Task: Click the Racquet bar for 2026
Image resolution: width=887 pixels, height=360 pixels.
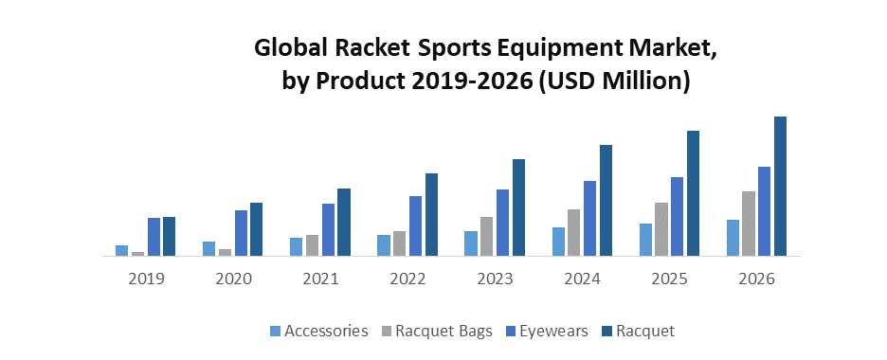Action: tap(781, 186)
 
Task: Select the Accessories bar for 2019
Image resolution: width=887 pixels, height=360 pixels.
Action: tap(121, 250)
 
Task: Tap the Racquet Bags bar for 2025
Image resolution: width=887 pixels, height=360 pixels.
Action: tap(661, 229)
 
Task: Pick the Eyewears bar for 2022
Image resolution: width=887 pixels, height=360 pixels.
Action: tap(415, 225)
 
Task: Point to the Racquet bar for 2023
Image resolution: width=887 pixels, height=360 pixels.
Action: tap(518, 207)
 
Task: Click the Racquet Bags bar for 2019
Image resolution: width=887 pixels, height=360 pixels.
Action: tap(137, 253)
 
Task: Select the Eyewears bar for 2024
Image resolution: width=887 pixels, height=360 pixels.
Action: tap(589, 218)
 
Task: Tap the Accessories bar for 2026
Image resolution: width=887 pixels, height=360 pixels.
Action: tap(733, 238)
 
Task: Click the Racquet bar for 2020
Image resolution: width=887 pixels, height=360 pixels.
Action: tap(256, 229)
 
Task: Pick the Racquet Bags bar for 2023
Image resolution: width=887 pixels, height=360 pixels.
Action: tap(486, 236)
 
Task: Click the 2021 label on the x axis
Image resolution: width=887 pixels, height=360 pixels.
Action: tap(321, 279)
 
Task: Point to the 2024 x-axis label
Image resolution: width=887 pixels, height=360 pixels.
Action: tap(582, 279)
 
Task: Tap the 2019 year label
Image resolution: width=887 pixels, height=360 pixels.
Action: tap(146, 279)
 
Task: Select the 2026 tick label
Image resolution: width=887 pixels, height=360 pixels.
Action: tap(756, 279)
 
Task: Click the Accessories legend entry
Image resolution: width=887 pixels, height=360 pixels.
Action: tap(318, 331)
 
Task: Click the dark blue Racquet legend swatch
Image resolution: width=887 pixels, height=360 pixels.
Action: tap(607, 332)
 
